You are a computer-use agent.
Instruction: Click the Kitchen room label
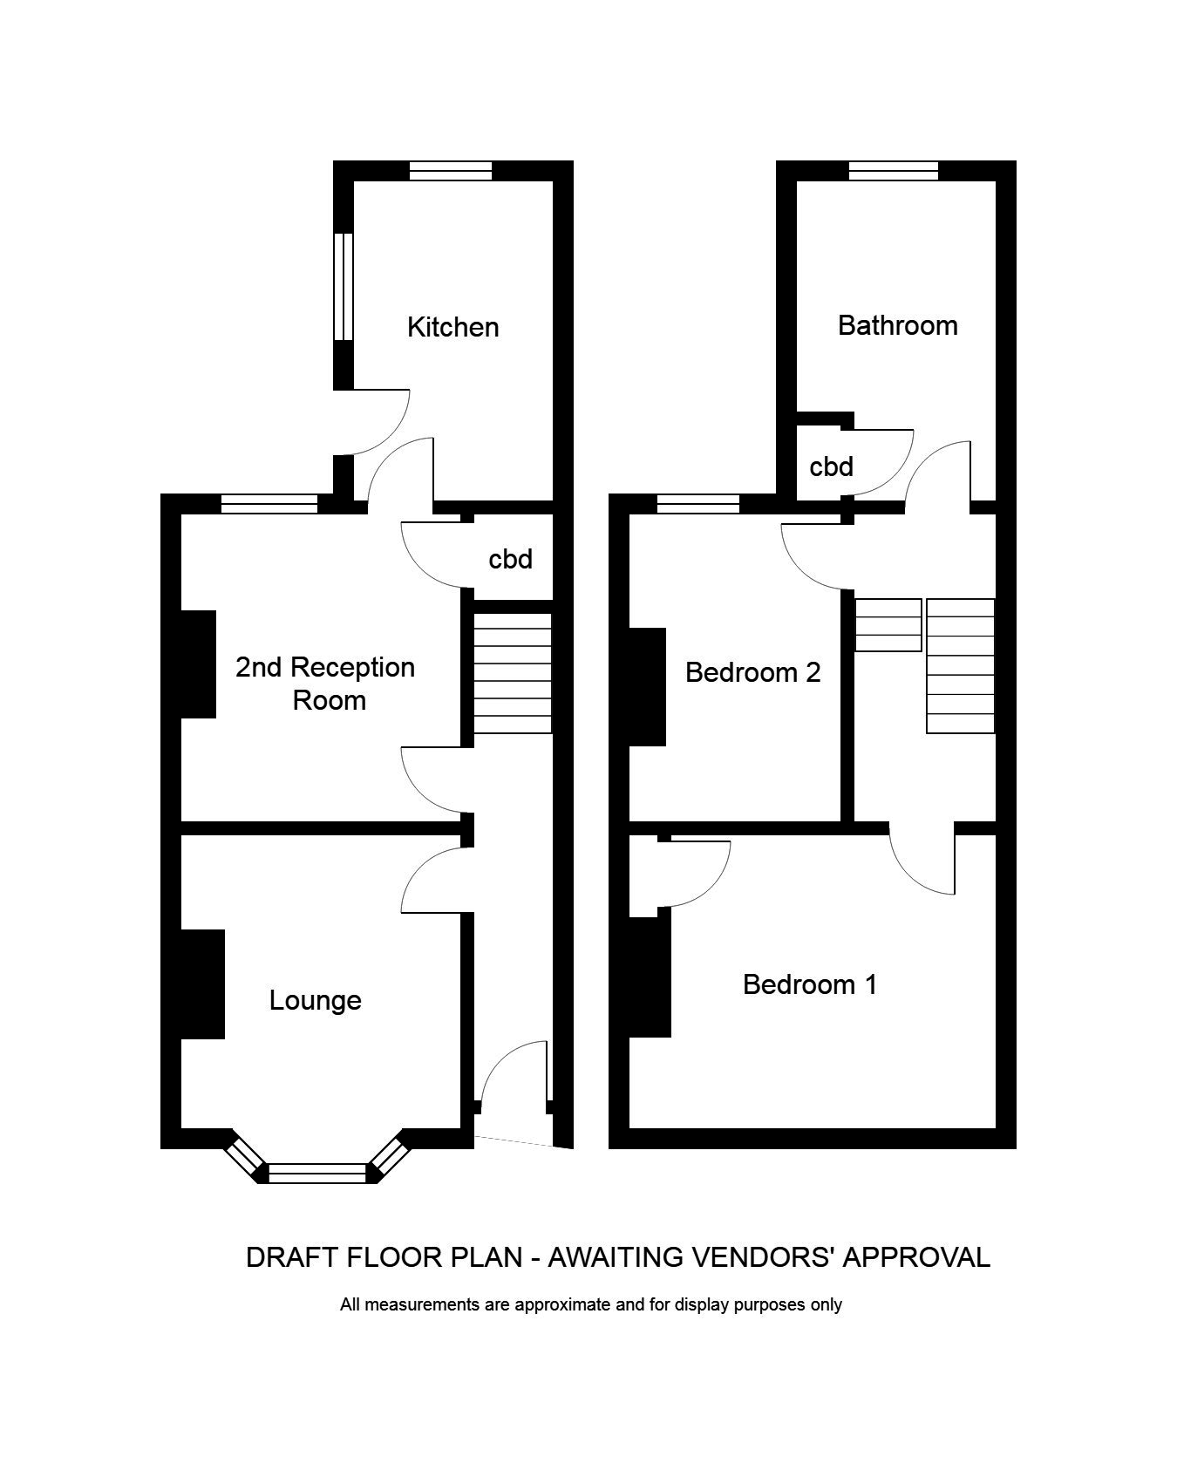pos(452,327)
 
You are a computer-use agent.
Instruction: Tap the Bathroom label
pos(897,325)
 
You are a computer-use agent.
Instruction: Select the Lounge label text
pos(315,999)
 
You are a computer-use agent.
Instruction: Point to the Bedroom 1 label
pos(809,984)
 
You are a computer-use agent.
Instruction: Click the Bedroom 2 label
pos(752,672)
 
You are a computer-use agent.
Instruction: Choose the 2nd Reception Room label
pos(325,684)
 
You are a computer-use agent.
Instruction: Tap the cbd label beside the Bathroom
pos(831,467)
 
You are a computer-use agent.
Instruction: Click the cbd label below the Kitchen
pos(510,559)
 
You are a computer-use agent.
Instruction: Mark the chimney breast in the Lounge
pos(202,984)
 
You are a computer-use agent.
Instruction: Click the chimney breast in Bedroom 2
pos(647,687)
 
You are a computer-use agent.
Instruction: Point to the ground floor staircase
pos(513,673)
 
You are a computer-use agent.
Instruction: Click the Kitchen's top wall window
pos(451,171)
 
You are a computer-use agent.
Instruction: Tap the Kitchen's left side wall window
pos(344,286)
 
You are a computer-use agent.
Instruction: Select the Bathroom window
pos(894,171)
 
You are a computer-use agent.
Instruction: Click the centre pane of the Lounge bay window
pos(316,1173)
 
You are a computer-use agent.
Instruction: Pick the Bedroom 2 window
pos(697,503)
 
